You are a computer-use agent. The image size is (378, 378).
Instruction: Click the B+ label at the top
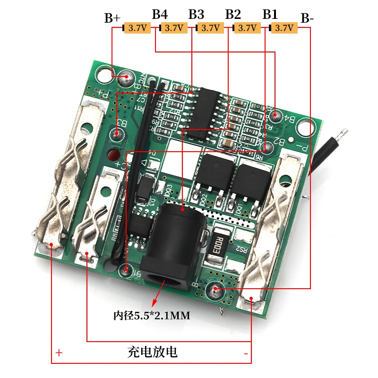pyautogui.click(x=112, y=18)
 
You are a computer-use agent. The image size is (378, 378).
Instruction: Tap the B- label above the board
pyautogui.click(x=307, y=18)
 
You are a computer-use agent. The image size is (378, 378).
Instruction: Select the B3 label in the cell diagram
pyautogui.click(x=196, y=14)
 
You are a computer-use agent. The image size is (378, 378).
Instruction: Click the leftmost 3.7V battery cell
pyautogui.click(x=137, y=28)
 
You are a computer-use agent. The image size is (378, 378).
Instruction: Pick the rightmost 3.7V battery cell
pyautogui.click(x=284, y=28)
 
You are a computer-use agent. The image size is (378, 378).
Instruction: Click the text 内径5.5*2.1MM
pyautogui.click(x=151, y=315)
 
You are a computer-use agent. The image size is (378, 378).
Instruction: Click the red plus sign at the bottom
pyautogui.click(x=59, y=352)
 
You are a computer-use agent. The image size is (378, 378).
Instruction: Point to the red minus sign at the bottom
pyautogui.click(x=246, y=352)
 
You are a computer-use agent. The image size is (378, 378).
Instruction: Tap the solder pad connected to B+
pyautogui.click(x=126, y=76)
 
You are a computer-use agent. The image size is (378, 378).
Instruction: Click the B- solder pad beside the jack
pyautogui.click(x=215, y=289)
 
